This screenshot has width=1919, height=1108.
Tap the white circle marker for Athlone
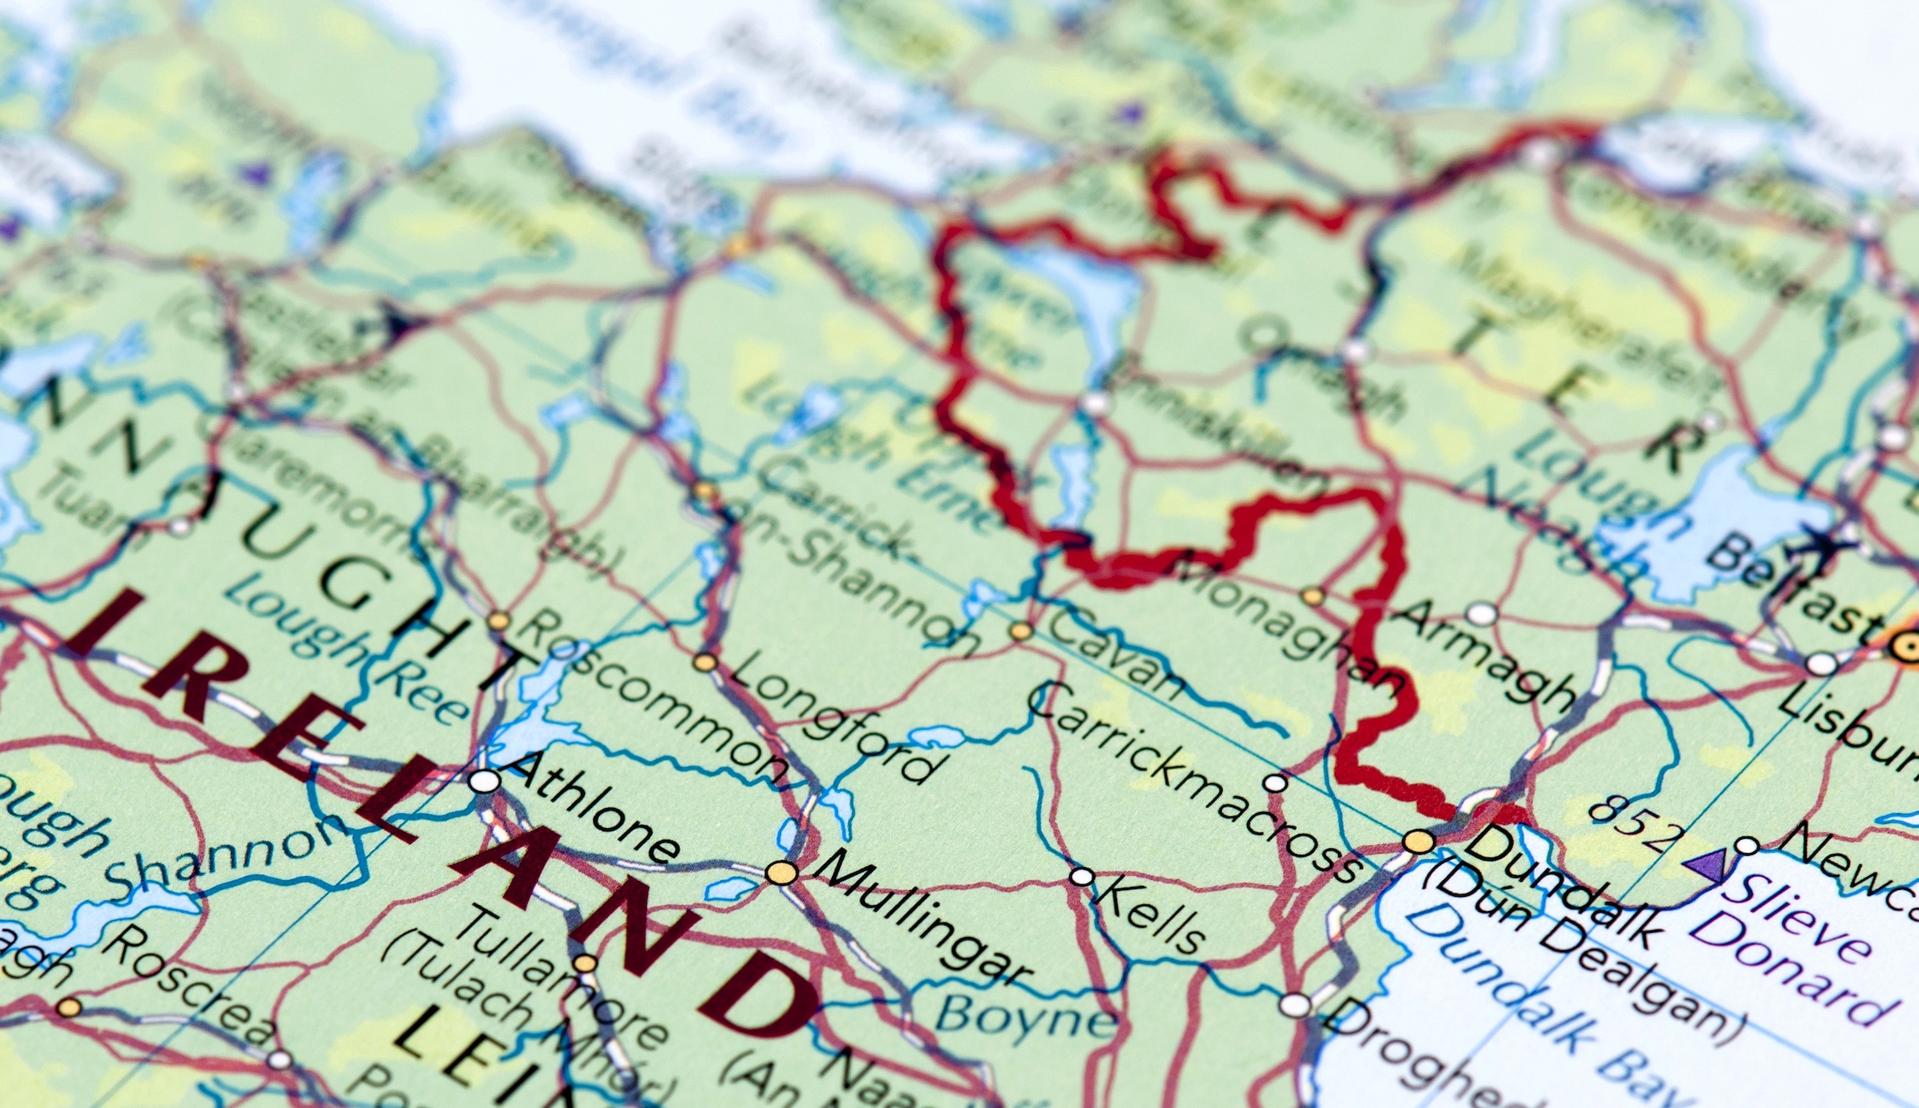tap(484, 781)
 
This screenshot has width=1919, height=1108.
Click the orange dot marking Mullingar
tap(781, 872)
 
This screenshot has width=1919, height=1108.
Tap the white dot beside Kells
tap(1082, 877)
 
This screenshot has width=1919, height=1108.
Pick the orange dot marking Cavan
tap(1020, 630)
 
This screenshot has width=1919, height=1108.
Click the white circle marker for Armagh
tap(1482, 614)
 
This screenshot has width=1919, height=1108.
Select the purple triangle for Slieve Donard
tap(1706, 862)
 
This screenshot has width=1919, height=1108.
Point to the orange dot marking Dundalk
tap(1419, 841)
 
